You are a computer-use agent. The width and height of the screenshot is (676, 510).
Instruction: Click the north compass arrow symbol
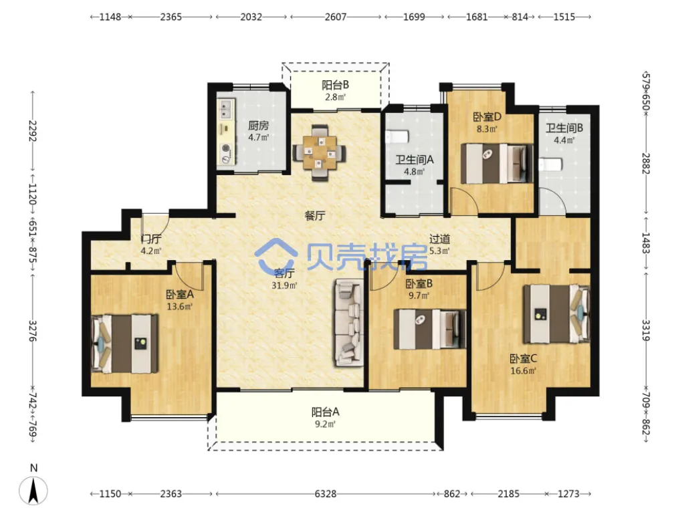click(33, 490)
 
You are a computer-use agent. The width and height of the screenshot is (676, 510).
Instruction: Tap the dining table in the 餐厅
click(319, 152)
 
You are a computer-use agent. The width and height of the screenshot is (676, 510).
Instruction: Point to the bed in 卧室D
click(497, 163)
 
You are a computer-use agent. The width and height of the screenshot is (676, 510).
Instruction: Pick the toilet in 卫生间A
click(397, 136)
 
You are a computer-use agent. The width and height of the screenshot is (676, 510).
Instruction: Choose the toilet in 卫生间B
click(550, 165)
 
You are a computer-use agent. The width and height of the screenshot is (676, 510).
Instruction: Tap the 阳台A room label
click(326, 412)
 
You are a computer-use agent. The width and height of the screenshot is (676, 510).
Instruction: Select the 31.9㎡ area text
click(285, 285)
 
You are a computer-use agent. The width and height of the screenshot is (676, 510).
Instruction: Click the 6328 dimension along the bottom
click(326, 493)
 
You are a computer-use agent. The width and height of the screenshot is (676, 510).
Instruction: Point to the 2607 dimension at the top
click(336, 17)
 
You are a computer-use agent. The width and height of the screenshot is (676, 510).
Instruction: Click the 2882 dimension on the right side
click(645, 163)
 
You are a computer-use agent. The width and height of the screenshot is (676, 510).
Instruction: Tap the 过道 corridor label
click(440, 239)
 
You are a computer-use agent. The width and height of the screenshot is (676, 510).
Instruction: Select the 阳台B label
click(336, 86)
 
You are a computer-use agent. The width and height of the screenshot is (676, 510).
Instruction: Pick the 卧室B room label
click(419, 283)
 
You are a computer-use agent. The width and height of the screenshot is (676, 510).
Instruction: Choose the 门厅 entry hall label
click(151, 239)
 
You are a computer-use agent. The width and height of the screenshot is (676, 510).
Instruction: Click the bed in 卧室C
click(556, 313)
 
